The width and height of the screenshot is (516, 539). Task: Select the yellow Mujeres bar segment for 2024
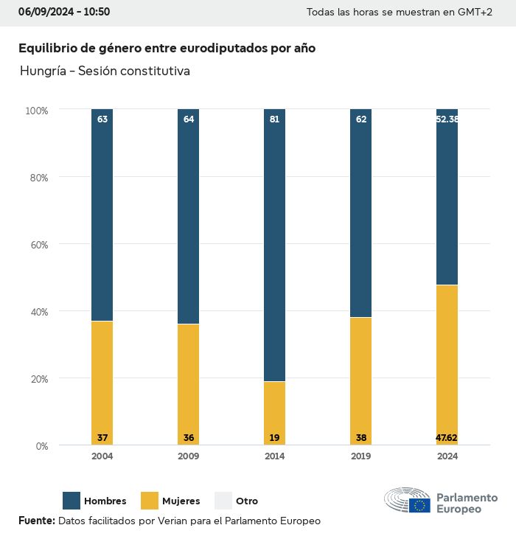click(x=447, y=361)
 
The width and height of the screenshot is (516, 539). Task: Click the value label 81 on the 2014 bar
click(x=274, y=119)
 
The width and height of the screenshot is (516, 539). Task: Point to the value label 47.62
click(x=447, y=438)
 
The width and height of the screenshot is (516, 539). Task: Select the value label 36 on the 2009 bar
click(x=188, y=438)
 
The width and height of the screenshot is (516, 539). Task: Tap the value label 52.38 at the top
click(x=447, y=119)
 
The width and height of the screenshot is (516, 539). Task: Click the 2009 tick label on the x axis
click(x=188, y=456)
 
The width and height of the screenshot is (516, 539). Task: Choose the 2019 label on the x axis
click(x=360, y=456)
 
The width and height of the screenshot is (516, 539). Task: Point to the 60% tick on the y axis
click(x=37, y=245)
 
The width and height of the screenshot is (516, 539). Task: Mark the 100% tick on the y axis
click(x=36, y=111)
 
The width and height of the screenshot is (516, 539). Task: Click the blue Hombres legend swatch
click(x=72, y=501)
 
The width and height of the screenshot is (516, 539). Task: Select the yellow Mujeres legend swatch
click(x=150, y=501)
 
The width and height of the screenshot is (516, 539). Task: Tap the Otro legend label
click(x=247, y=501)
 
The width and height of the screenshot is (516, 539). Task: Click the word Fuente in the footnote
click(x=36, y=521)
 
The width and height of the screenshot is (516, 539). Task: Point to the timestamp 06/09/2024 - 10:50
click(x=64, y=12)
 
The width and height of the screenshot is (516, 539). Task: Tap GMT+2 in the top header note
click(x=475, y=13)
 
